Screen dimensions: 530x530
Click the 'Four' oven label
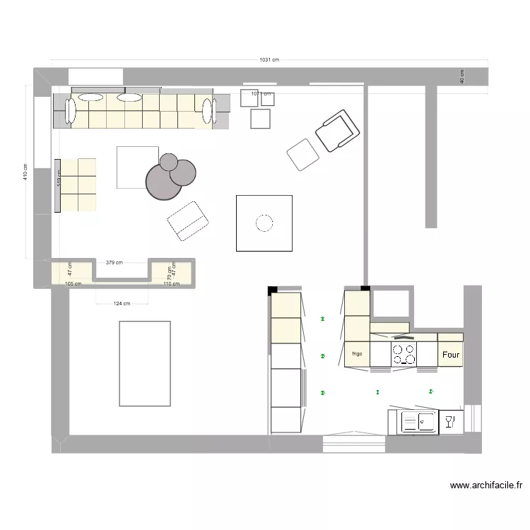click(x=450, y=355)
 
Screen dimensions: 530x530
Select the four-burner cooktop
click(x=404, y=354)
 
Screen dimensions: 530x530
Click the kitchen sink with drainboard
click(x=418, y=423)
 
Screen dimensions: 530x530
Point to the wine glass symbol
click(x=448, y=423)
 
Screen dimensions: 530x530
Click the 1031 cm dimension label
click(x=269, y=60)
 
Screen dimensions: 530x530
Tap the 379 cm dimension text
click(x=114, y=263)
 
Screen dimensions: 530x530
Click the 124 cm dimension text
click(x=122, y=304)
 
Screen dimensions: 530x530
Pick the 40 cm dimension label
click(x=461, y=76)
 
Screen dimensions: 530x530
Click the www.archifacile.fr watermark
click(x=486, y=485)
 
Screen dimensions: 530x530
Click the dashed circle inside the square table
click(x=264, y=223)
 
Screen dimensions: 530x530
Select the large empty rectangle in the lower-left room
click(x=145, y=363)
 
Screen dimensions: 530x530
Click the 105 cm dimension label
click(x=73, y=284)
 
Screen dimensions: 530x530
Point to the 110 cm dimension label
click(x=172, y=284)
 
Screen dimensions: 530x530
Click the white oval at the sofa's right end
click(x=208, y=111)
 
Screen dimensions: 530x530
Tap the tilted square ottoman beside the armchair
click(x=303, y=155)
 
